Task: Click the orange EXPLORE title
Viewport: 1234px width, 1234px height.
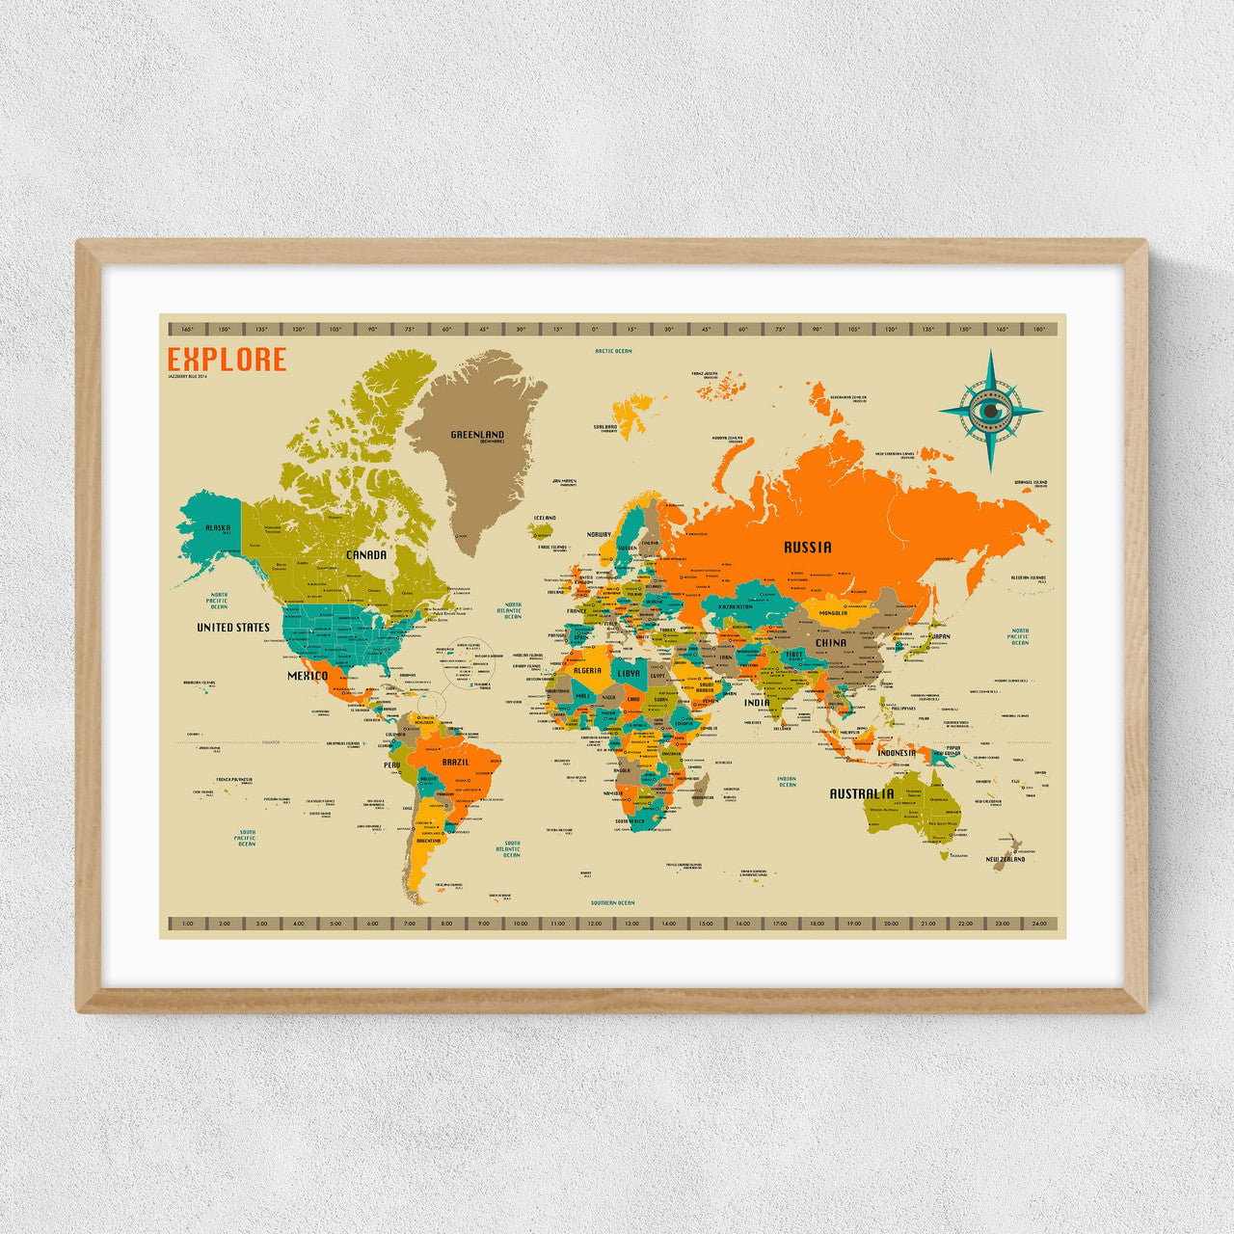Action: point(227,360)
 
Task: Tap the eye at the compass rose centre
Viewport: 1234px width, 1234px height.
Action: point(990,411)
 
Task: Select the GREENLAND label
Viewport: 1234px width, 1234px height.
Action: point(477,435)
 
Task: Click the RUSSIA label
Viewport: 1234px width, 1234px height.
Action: point(807,548)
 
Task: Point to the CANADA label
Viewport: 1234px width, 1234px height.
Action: point(366,555)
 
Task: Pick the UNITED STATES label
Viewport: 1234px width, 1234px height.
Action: point(233,628)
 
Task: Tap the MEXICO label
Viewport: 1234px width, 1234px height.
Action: point(308,676)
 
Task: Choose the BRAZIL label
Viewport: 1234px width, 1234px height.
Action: point(455,763)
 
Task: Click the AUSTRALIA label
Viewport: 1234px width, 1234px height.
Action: point(862,794)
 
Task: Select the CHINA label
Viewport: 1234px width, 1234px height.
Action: point(830,642)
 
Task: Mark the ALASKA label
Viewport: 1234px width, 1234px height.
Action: point(218,528)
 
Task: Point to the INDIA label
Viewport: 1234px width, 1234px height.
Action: point(757,703)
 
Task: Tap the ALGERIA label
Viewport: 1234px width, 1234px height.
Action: point(587,670)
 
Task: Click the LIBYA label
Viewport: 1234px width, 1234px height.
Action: point(628,673)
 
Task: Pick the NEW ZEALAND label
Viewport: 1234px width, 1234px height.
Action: point(1005,859)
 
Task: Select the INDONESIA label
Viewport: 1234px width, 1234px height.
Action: point(896,753)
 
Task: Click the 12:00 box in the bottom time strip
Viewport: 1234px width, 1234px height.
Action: point(594,924)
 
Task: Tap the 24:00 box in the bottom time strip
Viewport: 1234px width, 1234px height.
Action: point(1038,924)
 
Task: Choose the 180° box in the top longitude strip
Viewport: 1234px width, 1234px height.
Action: point(1038,330)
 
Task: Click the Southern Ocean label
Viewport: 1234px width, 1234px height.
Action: point(613,903)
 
